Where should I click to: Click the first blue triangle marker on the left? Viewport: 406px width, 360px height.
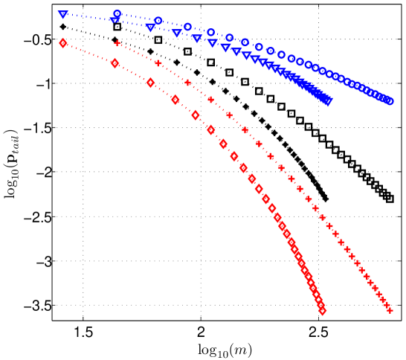click(63, 14)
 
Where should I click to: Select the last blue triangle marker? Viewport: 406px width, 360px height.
click(327, 100)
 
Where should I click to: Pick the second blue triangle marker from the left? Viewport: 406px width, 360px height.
click(115, 20)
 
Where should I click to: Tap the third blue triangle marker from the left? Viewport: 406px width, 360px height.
click(150, 27)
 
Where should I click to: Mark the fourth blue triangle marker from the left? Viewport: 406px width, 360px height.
click(177, 33)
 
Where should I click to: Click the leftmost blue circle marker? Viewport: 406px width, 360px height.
click(117, 14)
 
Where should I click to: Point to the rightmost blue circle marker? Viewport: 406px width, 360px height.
click(389, 101)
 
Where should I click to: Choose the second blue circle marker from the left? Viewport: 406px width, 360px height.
click(158, 21)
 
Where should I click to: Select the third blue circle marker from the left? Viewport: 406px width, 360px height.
click(187, 27)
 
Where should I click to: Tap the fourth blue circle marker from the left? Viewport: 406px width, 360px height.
click(211, 33)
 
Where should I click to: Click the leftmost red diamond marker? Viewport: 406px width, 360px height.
click(63, 43)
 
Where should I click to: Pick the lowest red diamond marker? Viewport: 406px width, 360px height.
click(322, 311)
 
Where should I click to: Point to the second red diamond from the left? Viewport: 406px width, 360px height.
click(115, 63)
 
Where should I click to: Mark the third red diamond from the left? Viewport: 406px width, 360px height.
click(150, 83)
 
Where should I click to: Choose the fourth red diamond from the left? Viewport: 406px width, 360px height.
click(175, 100)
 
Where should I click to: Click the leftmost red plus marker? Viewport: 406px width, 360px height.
click(117, 44)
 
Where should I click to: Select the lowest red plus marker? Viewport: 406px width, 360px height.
click(390, 310)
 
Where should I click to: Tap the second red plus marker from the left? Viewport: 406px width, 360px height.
click(158, 63)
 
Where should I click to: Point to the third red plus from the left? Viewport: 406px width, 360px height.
click(187, 83)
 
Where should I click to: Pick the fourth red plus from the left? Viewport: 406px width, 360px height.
click(210, 99)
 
